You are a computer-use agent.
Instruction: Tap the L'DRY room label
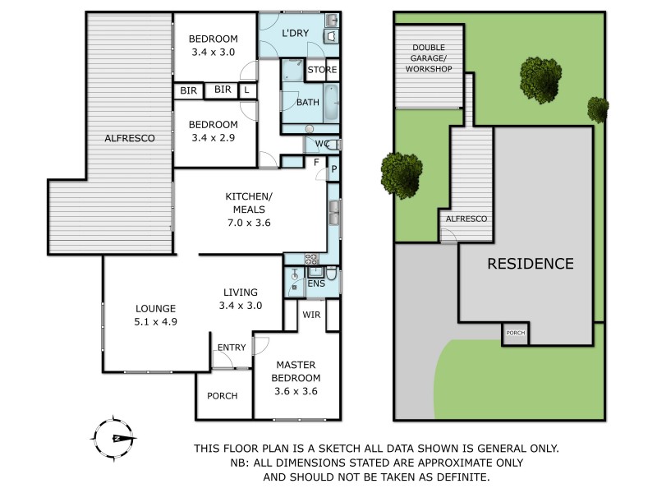pos(296,34)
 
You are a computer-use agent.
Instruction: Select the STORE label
pos(322,70)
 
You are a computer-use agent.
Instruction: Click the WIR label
pos(311,313)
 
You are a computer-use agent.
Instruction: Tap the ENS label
pos(316,283)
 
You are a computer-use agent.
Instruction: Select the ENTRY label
pos(232,348)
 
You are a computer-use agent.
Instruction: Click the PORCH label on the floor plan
pos(222,395)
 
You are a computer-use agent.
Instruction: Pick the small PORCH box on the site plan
pos(516,334)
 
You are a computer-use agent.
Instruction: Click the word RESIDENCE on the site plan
pos(531,264)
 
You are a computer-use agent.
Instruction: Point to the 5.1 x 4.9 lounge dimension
pos(156,322)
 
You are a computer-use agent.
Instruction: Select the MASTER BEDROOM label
pos(297,371)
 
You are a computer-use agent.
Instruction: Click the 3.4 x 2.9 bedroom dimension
pos(212,137)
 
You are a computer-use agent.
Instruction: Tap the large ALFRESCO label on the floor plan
pos(130,139)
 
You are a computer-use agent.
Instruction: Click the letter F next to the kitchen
pos(316,163)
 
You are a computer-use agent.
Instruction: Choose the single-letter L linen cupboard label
pos(247,90)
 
